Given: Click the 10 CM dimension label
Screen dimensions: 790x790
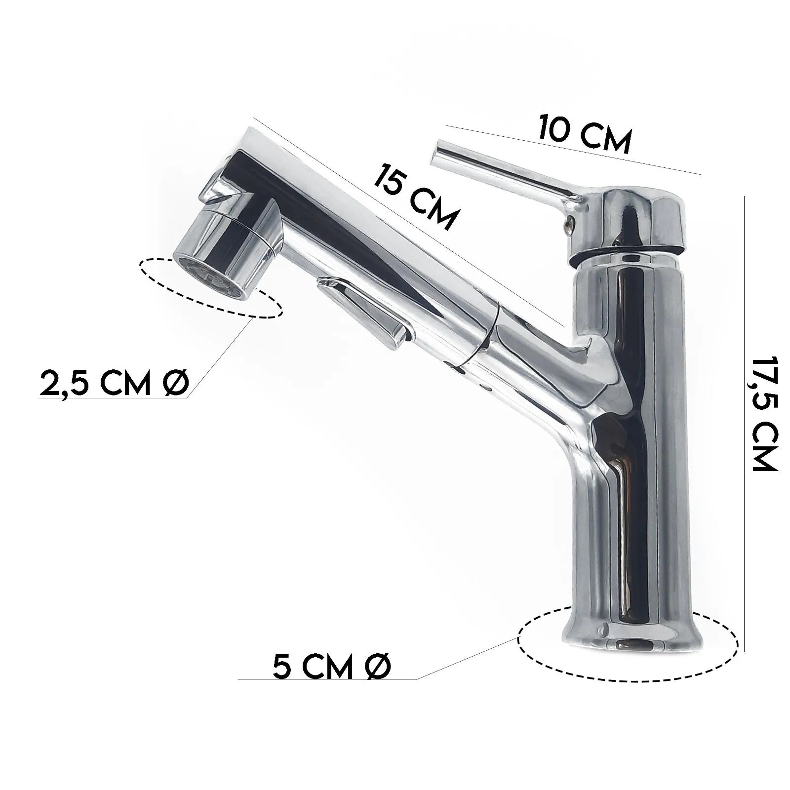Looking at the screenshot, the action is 585,135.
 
